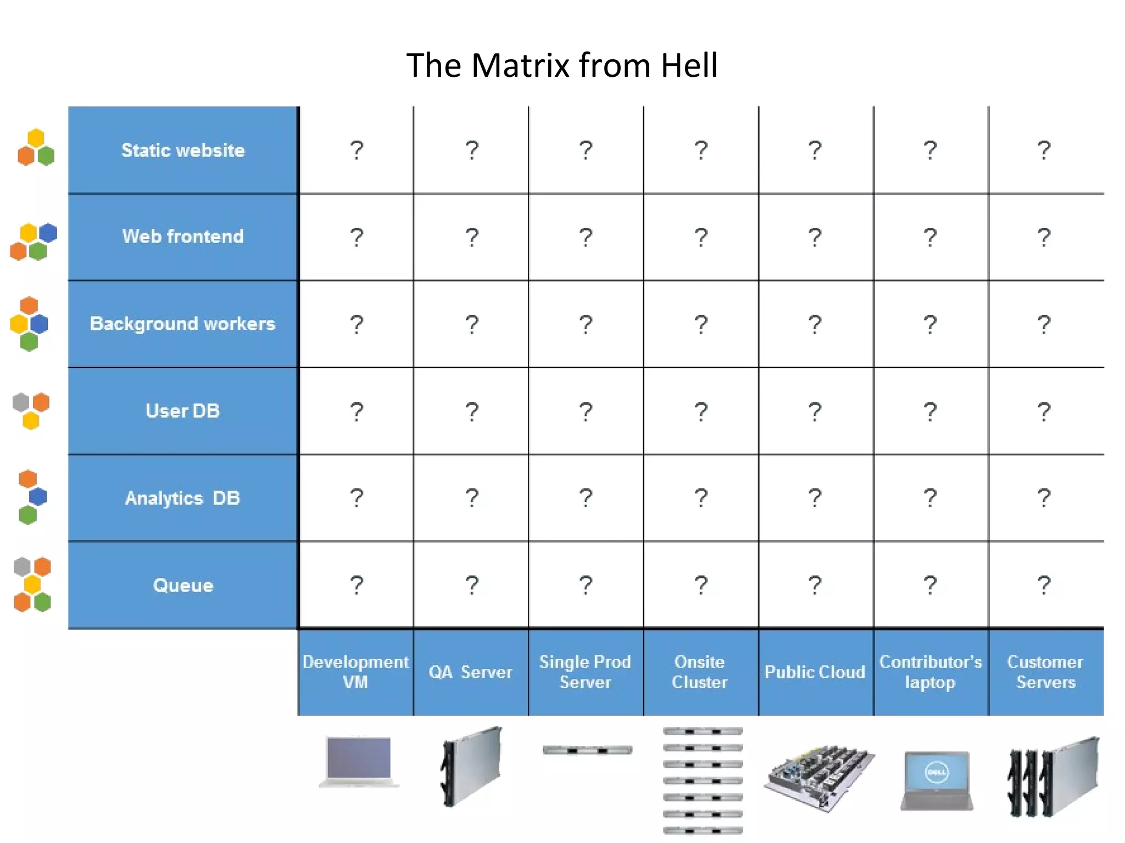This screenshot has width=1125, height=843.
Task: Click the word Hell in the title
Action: (689, 66)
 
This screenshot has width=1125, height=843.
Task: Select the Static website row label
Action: (183, 150)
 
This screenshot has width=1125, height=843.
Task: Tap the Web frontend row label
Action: (183, 237)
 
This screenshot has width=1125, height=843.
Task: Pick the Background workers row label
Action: (183, 324)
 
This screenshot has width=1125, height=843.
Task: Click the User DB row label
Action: (183, 411)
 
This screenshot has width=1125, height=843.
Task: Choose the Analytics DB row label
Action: (183, 498)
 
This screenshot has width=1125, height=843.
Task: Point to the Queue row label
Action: (183, 586)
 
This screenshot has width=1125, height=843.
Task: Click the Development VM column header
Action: (355, 672)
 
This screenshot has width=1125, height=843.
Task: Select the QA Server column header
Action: (471, 672)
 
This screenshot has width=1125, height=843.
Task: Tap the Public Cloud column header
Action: (815, 672)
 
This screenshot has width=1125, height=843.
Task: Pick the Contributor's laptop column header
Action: (931, 672)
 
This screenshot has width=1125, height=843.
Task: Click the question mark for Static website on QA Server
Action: (472, 150)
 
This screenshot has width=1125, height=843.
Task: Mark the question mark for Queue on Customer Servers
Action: (1044, 585)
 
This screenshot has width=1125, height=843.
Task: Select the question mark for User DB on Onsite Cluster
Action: (701, 411)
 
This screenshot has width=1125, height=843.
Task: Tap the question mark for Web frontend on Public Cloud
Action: (815, 237)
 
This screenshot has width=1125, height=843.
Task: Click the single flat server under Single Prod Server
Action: (587, 750)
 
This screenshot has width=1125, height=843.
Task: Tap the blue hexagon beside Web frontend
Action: (48, 233)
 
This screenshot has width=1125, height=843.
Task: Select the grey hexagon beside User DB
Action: (21, 402)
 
